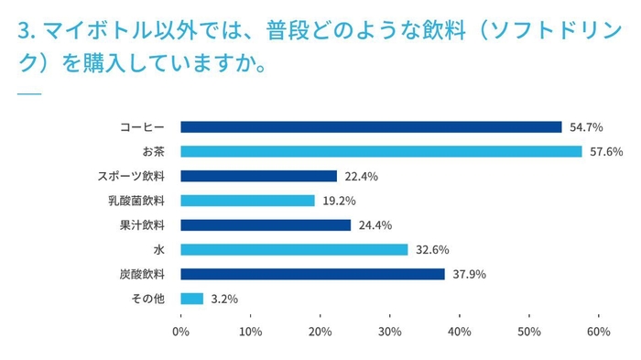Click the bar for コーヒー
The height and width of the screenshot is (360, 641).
(x=371, y=127)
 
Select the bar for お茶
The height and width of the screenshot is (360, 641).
(x=381, y=151)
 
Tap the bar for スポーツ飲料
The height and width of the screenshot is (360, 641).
(x=259, y=176)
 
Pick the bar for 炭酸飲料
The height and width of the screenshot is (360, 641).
(x=313, y=274)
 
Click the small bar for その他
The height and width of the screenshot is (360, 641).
(x=192, y=299)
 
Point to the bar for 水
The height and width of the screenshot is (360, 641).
(x=294, y=249)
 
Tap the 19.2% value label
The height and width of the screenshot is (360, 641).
(x=337, y=201)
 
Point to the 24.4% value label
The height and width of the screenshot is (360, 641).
(x=374, y=225)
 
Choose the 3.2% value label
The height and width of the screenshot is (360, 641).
(x=223, y=299)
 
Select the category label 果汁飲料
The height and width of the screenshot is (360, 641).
(x=143, y=225)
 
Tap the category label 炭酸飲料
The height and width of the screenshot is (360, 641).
(x=143, y=274)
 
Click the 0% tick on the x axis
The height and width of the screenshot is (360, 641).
(x=181, y=332)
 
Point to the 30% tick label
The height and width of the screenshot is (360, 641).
(x=390, y=332)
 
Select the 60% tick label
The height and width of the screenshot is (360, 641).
(x=599, y=332)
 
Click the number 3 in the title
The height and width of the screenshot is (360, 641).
(x=24, y=33)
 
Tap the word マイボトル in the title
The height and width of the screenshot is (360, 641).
(x=87, y=33)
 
